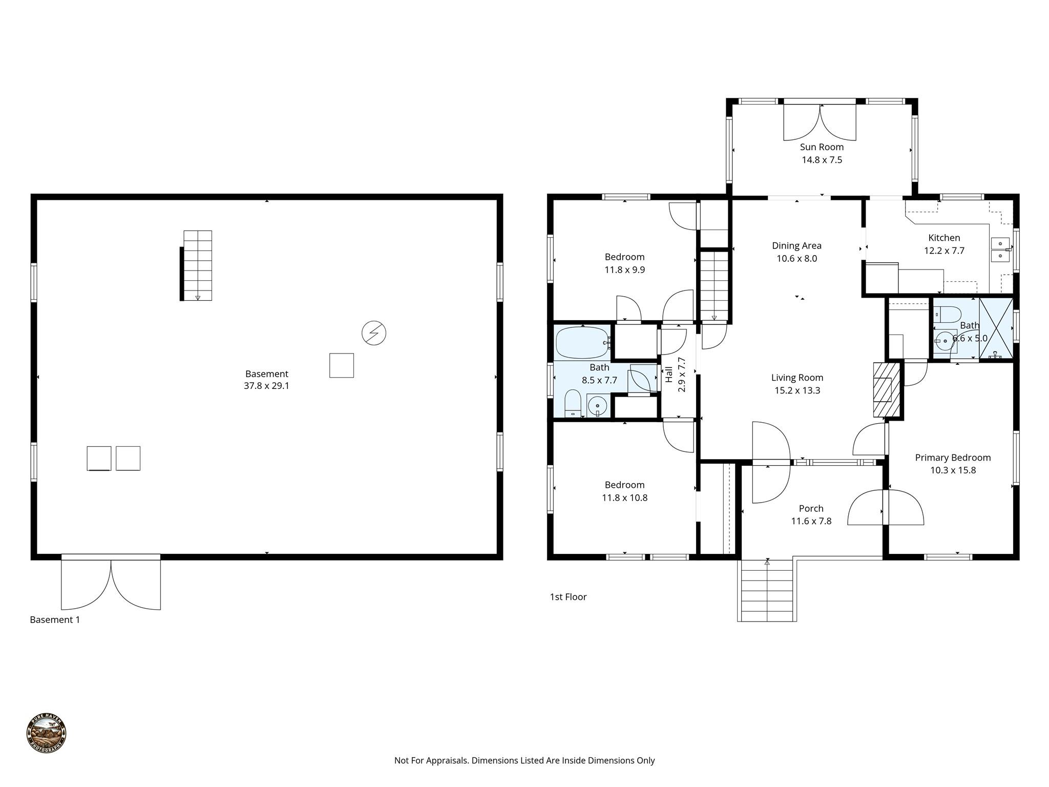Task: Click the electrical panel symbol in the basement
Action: tap(373, 333)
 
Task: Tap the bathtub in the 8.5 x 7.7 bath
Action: tap(582, 342)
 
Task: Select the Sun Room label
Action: tap(822, 147)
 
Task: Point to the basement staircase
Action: tap(198, 265)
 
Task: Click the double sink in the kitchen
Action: tap(1000, 250)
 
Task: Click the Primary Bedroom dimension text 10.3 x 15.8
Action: tap(953, 470)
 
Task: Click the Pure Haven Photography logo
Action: tap(46, 733)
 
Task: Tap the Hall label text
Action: tap(669, 374)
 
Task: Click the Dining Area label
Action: tap(796, 246)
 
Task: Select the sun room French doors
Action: tap(820, 122)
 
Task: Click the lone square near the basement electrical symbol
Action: tap(341, 365)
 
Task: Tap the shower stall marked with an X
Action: tap(996, 328)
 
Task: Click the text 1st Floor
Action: tap(568, 597)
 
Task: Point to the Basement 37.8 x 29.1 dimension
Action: tap(266, 386)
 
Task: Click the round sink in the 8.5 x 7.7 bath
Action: tap(598, 407)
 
